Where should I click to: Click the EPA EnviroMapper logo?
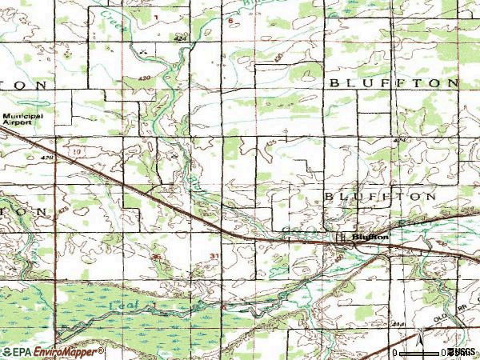click(x=53, y=351)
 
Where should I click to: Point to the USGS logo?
click(x=462, y=351)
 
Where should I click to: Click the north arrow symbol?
click(x=418, y=338)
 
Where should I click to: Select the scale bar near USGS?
click(x=421, y=351)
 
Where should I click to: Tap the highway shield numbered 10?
click(x=77, y=150)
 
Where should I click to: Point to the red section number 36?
click(x=157, y=256)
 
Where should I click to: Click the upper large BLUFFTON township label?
click(x=393, y=83)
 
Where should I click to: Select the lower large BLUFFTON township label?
click(x=381, y=196)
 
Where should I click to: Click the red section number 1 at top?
click(x=157, y=17)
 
